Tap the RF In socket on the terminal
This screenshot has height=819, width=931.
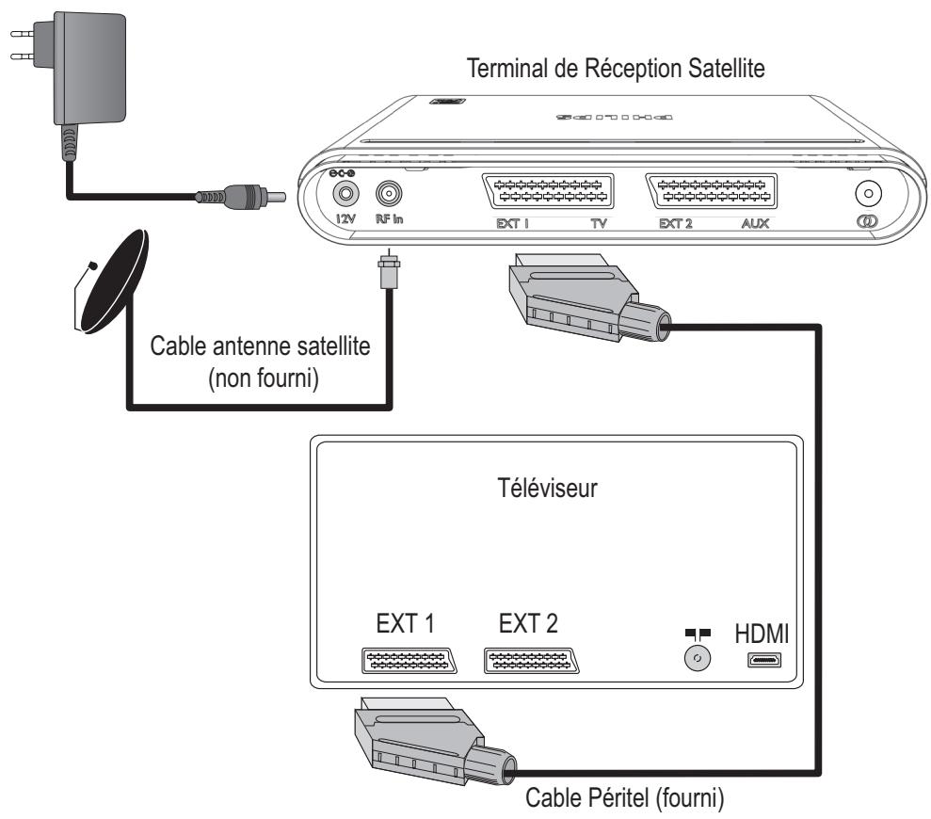(x=387, y=193)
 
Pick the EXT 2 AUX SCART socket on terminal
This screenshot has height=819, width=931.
(x=712, y=193)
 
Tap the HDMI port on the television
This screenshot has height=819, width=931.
(x=763, y=661)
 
